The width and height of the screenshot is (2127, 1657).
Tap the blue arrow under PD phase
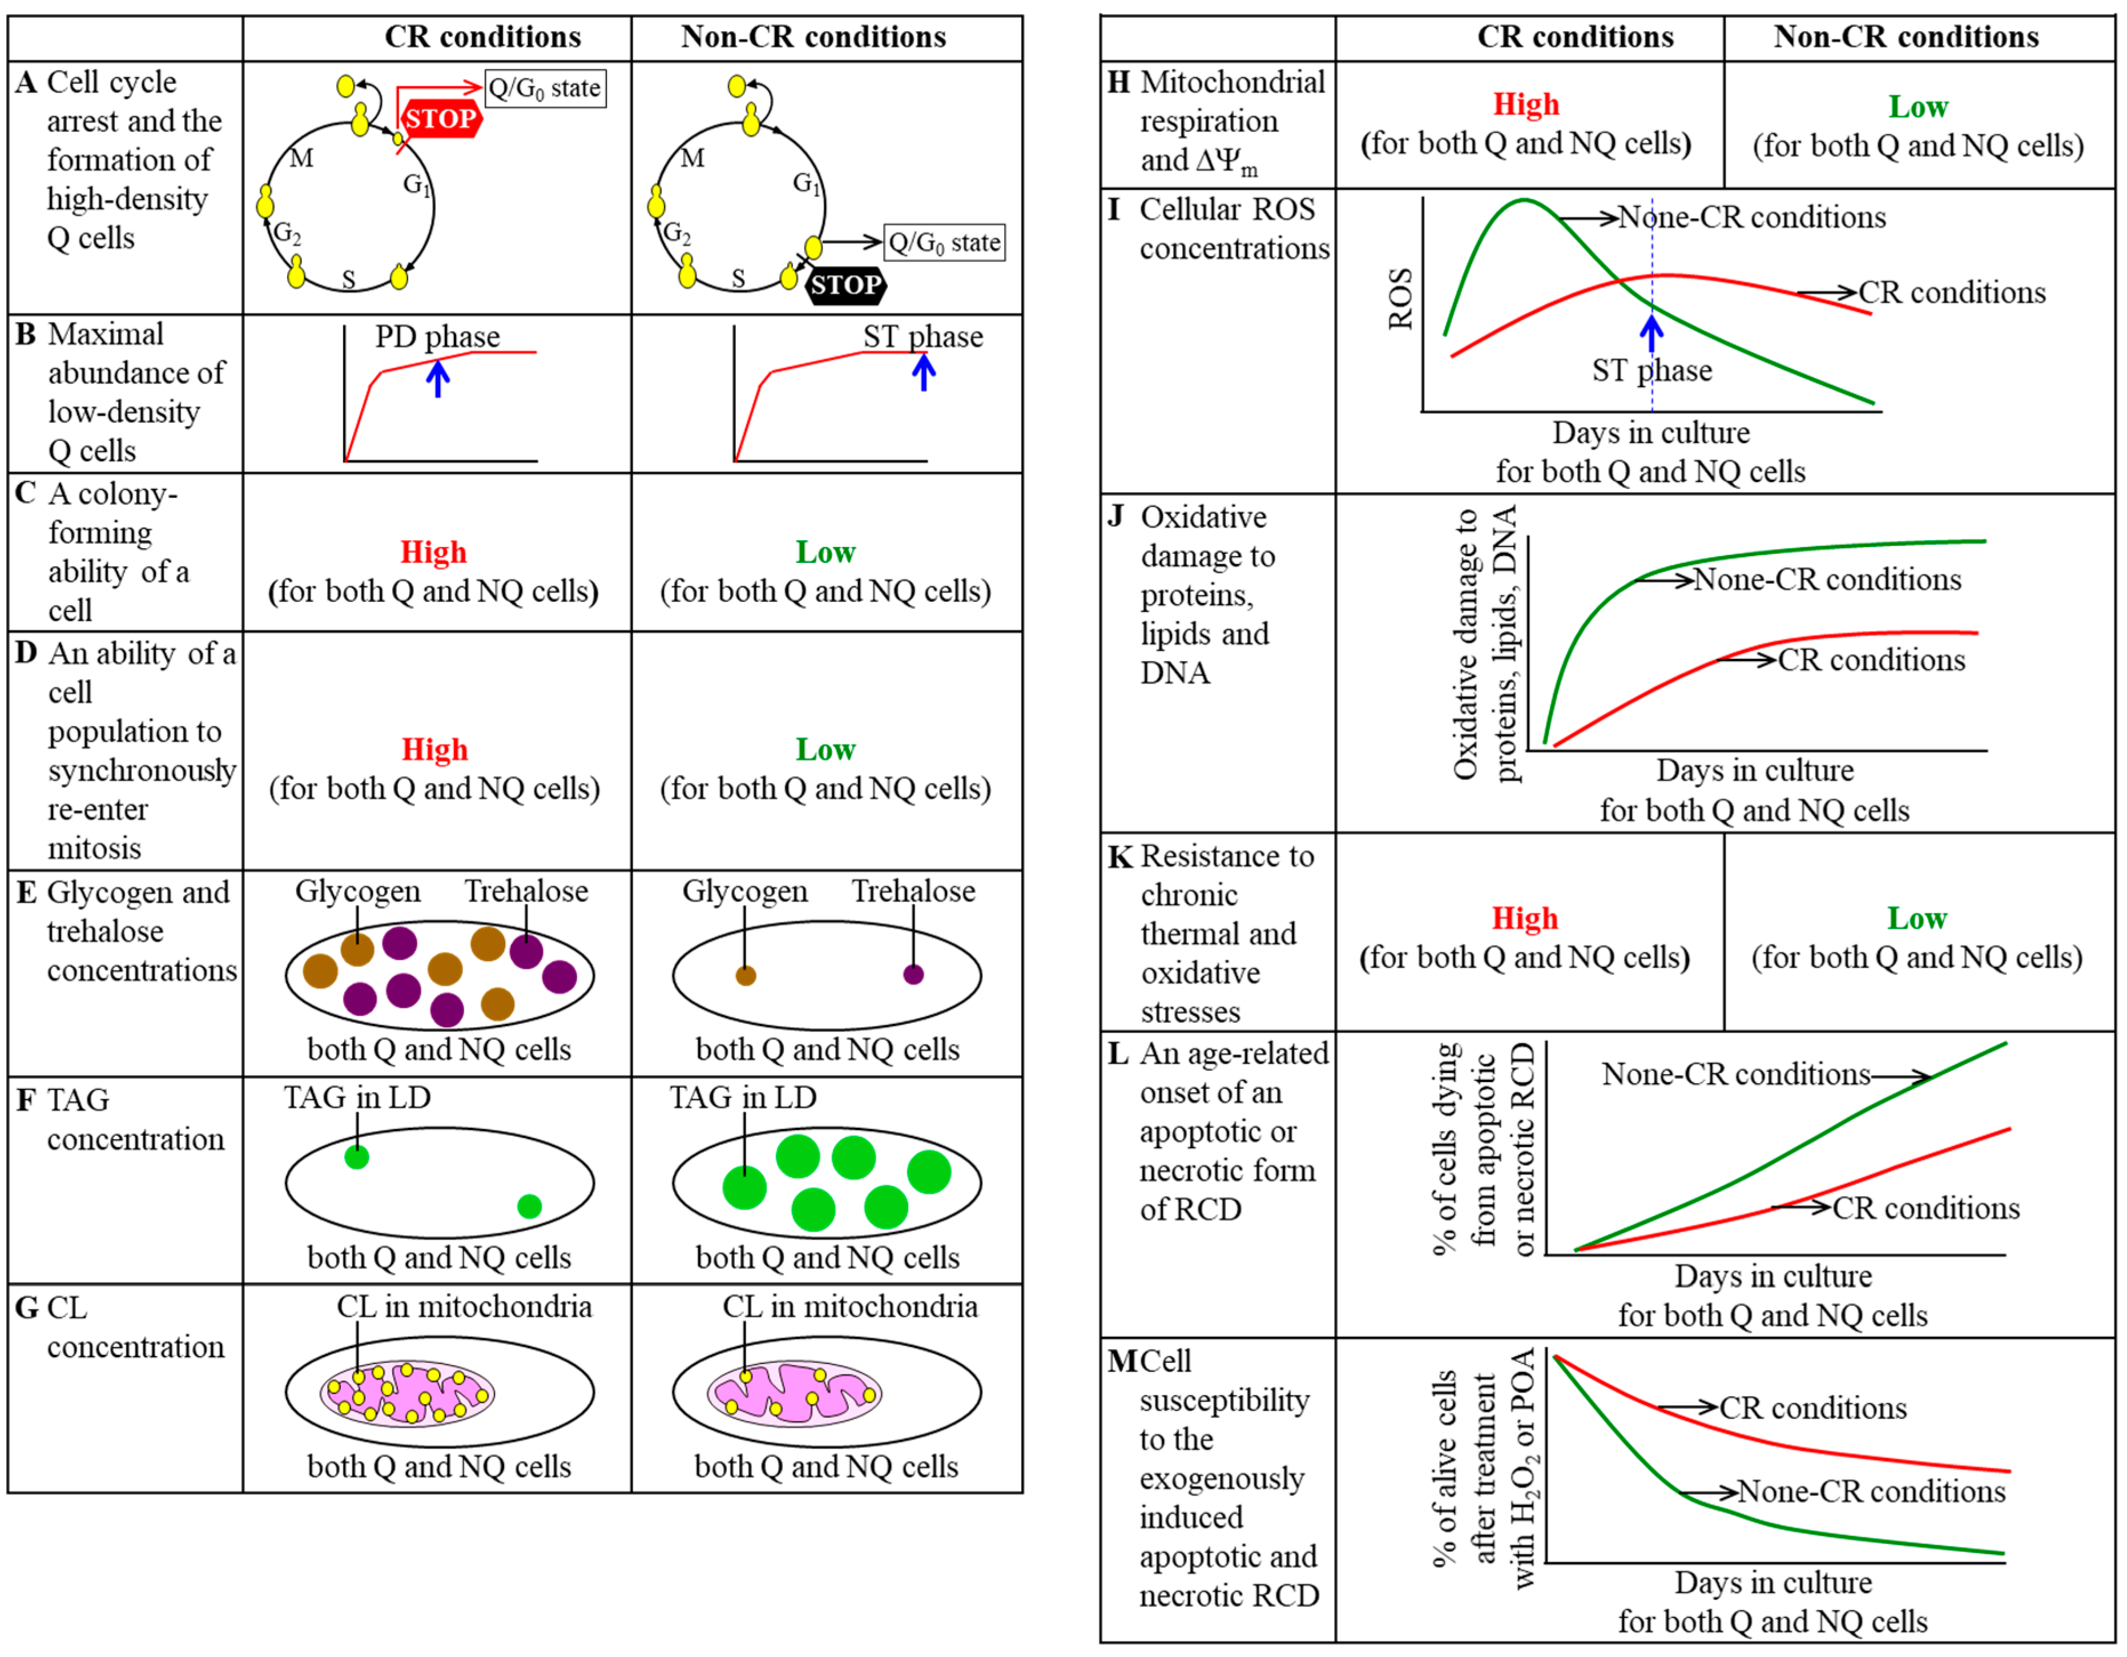click(x=438, y=378)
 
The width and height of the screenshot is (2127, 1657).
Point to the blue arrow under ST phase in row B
click(x=923, y=372)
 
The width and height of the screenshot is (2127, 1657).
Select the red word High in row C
click(x=433, y=552)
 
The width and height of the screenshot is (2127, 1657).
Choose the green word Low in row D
click(x=825, y=749)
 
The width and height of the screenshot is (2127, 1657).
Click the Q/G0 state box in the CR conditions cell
click(x=545, y=89)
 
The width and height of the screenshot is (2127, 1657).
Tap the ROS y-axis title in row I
click(x=1400, y=299)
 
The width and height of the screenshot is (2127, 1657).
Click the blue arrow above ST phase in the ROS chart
click(x=1651, y=332)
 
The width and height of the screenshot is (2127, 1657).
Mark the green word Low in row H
click(x=1917, y=106)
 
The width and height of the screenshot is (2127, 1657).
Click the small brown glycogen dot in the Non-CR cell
click(x=745, y=975)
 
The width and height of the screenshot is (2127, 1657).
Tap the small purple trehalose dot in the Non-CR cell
click(x=913, y=974)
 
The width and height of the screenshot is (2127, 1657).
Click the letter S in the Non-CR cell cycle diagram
click(x=738, y=279)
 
